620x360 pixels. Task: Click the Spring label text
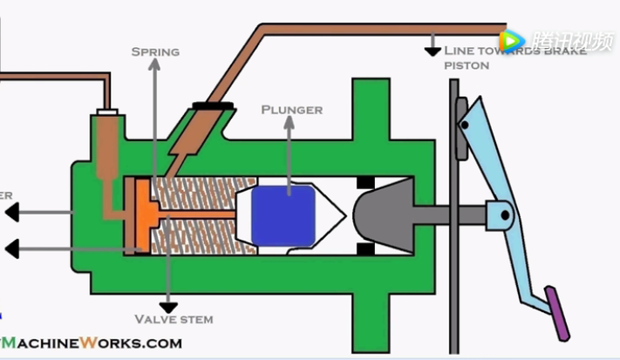coord(155,52)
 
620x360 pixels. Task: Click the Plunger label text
coord(291,110)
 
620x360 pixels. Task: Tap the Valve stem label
coord(174,319)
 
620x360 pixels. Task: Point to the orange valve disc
coord(139,213)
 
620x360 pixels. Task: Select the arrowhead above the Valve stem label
coord(167,306)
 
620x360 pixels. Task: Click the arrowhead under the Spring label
coord(154,65)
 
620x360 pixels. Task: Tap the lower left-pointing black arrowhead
coord(11,249)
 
